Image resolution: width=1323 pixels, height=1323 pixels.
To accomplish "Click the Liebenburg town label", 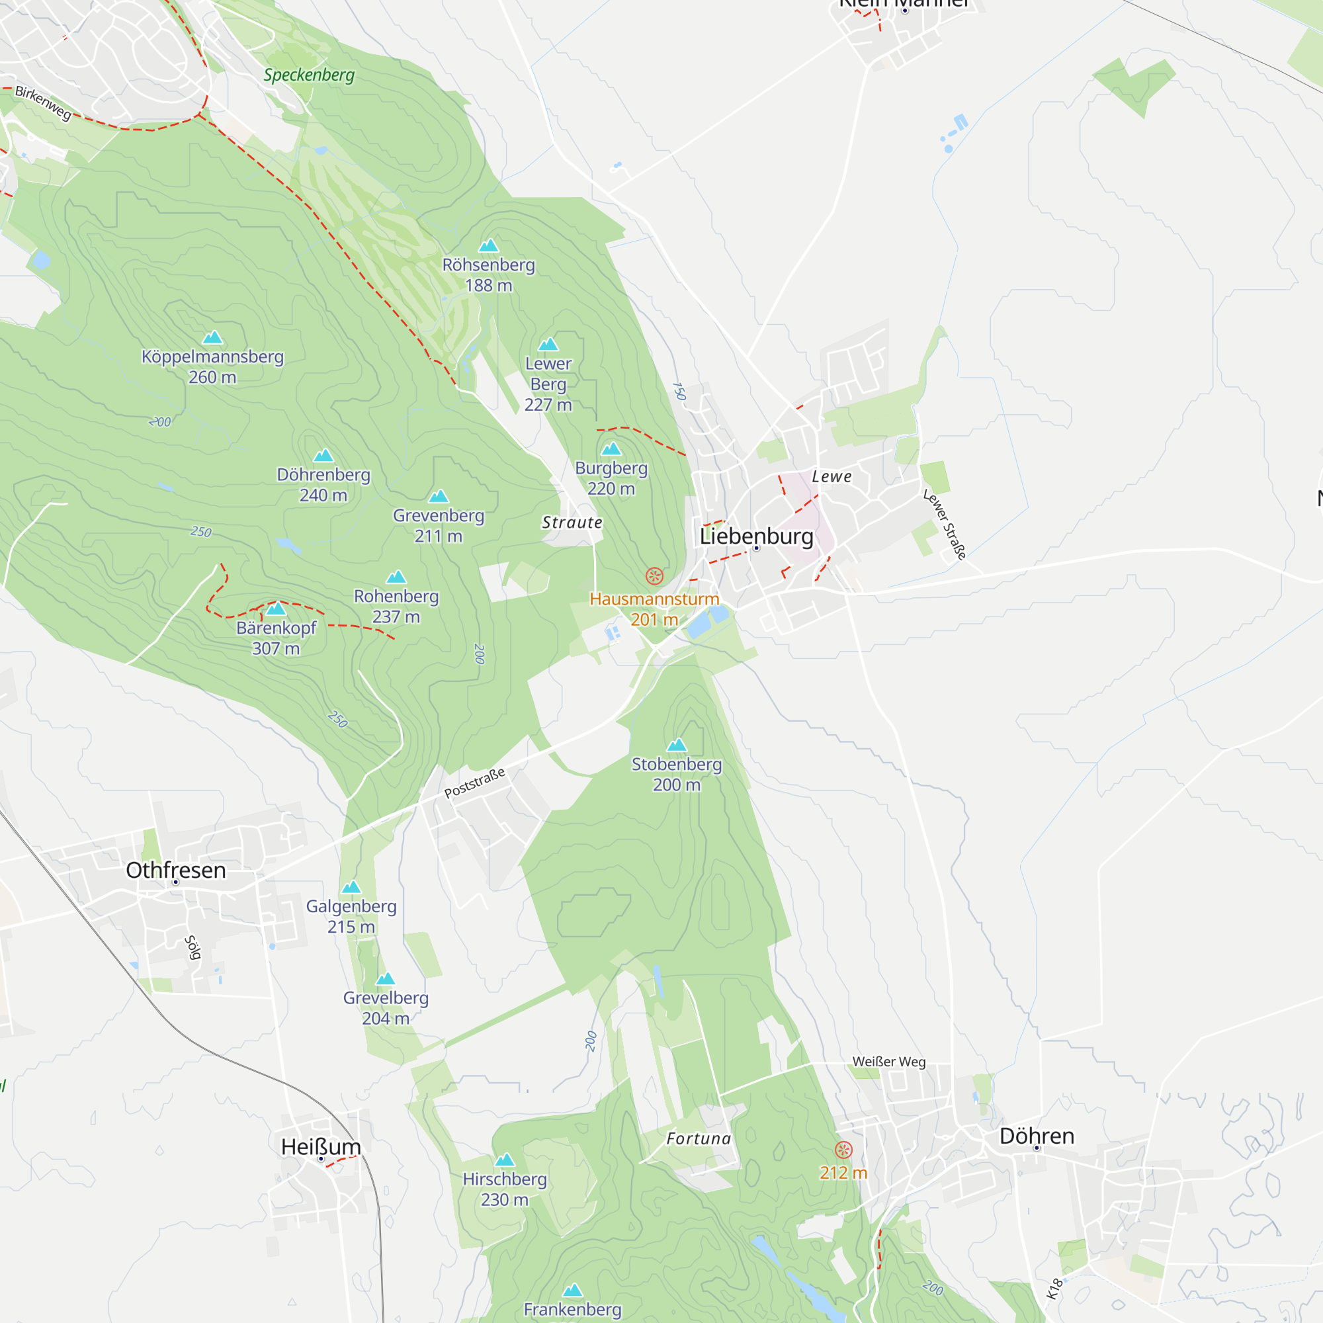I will coord(756,536).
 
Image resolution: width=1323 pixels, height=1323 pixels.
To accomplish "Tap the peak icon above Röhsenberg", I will coord(488,246).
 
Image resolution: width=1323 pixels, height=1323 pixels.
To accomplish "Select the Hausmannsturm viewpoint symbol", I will coord(654,576).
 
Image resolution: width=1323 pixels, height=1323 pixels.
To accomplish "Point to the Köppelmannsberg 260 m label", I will coord(212,366).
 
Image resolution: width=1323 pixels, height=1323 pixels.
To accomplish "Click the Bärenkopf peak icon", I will coord(276,609).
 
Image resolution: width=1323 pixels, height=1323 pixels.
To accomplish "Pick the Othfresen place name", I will coord(176,871).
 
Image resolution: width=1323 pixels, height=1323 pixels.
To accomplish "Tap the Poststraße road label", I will coord(474,783).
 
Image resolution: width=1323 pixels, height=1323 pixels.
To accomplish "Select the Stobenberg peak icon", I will coord(677,745).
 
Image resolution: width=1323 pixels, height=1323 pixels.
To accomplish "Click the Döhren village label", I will coord(1036,1136).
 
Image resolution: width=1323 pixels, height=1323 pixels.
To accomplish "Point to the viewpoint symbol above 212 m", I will coord(843,1150).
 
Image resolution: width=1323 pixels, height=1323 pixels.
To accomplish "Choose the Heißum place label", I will coord(320,1147).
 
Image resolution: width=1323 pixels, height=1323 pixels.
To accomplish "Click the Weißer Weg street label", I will coord(889,1062).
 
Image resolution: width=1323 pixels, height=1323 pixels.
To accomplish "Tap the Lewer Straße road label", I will coord(945,524).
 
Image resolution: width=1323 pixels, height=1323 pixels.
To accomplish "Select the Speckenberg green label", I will coord(309,75).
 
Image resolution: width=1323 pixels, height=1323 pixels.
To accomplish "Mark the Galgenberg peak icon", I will coord(351,887).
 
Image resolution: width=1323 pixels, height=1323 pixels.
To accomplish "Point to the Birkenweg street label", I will coord(43,103).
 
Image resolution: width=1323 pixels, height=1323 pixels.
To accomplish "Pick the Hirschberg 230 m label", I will coord(505,1189).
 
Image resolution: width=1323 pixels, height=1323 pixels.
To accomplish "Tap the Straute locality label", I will coord(572,523).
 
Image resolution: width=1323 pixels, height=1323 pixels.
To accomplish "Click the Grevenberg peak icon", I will coord(439,497).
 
